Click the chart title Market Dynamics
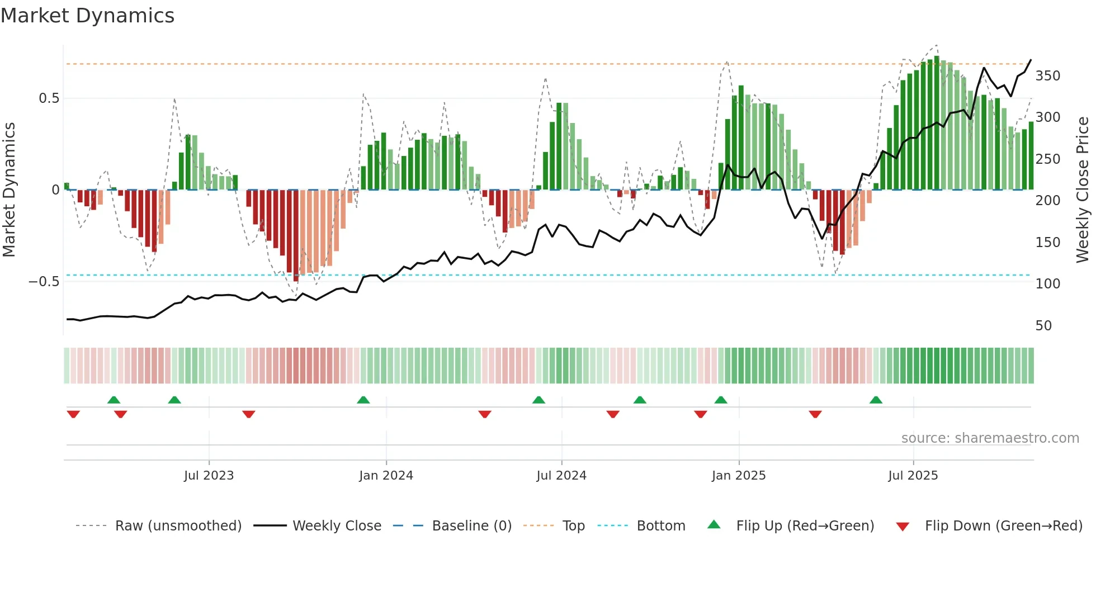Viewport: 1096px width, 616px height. (x=87, y=16)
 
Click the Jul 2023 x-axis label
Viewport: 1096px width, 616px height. (x=209, y=476)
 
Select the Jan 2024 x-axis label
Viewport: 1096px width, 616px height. (x=386, y=476)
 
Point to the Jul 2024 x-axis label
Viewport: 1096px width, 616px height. (x=561, y=476)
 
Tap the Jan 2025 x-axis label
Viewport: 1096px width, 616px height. (x=739, y=476)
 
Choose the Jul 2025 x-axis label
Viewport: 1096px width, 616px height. (x=913, y=476)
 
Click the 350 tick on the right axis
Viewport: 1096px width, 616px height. (x=1047, y=76)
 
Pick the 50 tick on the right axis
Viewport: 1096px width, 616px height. (x=1043, y=326)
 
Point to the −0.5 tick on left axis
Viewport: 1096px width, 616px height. (x=44, y=282)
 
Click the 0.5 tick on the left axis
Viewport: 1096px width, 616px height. (x=49, y=98)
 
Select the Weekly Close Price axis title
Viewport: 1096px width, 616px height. (x=1083, y=190)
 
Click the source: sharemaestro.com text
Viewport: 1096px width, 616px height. (x=990, y=438)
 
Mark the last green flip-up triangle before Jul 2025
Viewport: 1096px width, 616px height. (x=876, y=400)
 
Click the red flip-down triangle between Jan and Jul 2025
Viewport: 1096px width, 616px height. (x=815, y=414)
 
